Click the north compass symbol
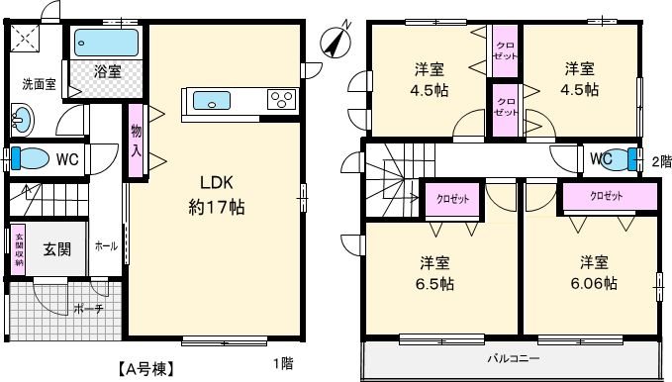point(338,41)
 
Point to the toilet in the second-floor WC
point(625,158)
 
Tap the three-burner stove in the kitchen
point(281,100)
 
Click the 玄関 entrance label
point(56,249)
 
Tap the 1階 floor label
point(282,363)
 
